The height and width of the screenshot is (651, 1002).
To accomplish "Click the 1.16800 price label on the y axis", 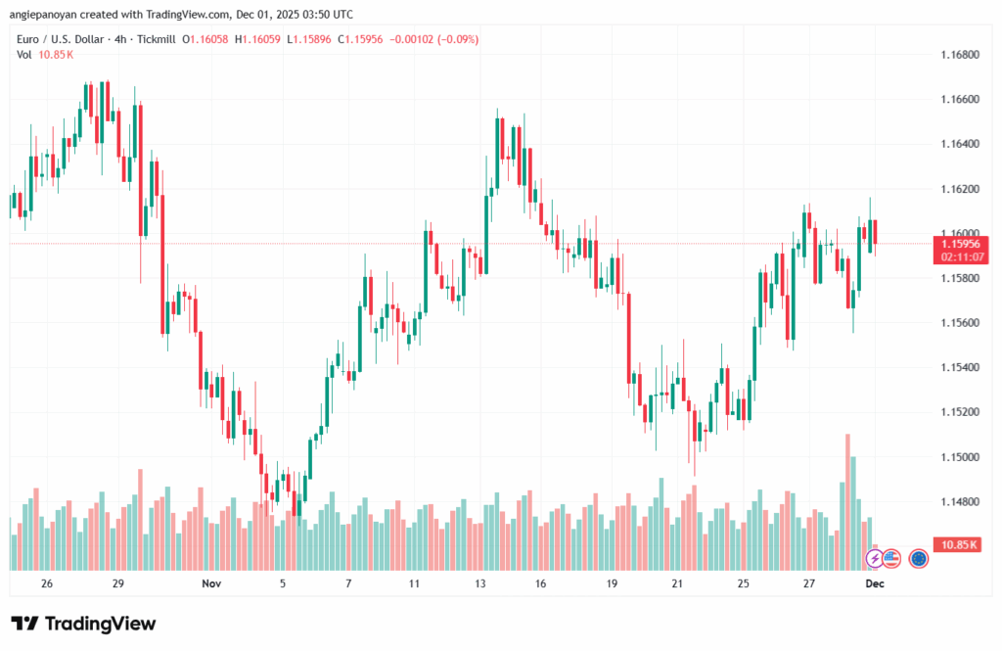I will point(960,55).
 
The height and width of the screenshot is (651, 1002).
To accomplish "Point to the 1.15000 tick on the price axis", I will point(960,457).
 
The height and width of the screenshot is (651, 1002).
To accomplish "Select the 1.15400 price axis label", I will point(960,367).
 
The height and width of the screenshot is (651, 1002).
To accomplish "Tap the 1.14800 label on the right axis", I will point(960,502).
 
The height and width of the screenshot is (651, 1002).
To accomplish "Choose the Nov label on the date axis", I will point(212,582).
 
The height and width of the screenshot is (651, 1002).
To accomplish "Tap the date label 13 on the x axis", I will point(481,582).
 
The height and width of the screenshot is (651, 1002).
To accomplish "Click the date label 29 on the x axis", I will point(118,582).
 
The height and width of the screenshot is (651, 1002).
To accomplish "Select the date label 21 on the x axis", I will point(677,582).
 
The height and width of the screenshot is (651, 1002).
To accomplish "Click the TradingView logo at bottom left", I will point(83,624).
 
